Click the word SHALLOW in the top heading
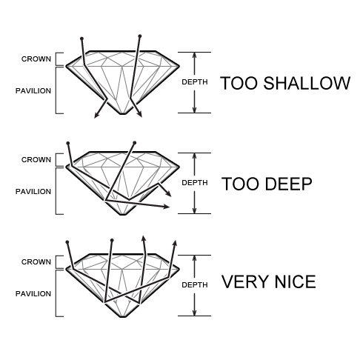307,83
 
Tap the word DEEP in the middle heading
289,184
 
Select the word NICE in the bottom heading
295,281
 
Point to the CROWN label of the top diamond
36,59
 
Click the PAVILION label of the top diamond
33,91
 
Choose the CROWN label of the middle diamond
36,160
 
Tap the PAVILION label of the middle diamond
33,192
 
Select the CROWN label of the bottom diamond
36,262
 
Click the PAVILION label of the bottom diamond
33,294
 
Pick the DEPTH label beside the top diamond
195,82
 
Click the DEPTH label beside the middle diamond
195,183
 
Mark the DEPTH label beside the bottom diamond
195,285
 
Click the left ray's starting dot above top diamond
81,39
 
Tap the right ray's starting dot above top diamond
140,36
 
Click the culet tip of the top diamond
123,114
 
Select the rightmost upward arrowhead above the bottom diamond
175,243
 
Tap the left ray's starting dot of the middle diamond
68,143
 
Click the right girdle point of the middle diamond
179,167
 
